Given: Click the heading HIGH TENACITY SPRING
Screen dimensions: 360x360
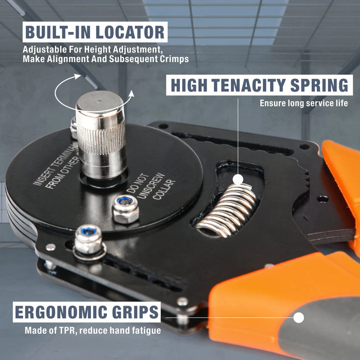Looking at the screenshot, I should [x=259, y=85].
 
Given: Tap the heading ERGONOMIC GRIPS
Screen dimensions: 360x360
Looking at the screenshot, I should [x=86, y=313].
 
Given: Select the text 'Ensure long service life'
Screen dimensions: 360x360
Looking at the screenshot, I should [x=303, y=103].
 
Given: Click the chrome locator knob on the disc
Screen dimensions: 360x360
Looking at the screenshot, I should [x=100, y=134].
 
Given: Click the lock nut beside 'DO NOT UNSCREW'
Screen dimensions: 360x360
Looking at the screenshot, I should [x=125, y=208].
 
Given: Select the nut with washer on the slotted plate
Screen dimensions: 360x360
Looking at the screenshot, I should [x=88, y=241].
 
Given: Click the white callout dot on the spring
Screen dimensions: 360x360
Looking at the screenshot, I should [x=238, y=179].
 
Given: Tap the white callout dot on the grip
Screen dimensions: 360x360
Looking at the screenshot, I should [x=298, y=318].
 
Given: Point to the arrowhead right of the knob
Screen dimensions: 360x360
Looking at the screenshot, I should [x=131, y=94].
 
